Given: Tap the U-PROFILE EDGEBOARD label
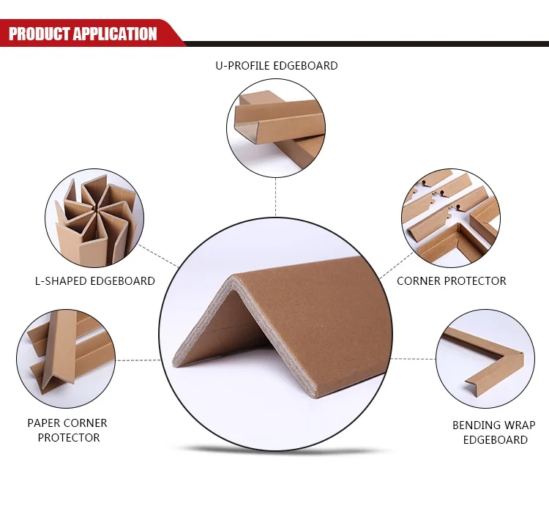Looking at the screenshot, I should click(276, 66).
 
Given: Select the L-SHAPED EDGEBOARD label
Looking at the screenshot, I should click(95, 280).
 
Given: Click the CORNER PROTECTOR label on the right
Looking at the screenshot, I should click(451, 280).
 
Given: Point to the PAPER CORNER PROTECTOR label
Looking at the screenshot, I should click(67, 431).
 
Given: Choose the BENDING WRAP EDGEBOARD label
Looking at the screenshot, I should click(494, 432).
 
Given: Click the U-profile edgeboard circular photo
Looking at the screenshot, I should click(276, 127).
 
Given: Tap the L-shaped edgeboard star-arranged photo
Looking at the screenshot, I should click(94, 218).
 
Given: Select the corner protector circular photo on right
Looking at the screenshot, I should click(450, 217).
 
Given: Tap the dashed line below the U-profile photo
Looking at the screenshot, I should click(276, 196).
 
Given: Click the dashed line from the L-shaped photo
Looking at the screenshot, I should click(157, 256).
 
